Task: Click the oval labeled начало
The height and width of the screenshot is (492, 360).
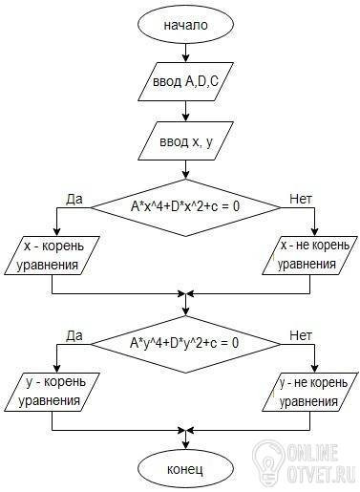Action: (185, 25)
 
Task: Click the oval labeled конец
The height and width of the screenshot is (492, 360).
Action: (185, 469)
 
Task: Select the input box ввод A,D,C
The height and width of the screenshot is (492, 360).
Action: (185, 82)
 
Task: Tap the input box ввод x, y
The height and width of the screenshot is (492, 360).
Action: (185, 140)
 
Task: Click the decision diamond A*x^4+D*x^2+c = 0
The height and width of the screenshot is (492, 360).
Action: (185, 207)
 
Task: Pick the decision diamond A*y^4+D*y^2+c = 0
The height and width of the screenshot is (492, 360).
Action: (185, 344)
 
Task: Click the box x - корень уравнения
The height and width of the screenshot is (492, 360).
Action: (52, 255)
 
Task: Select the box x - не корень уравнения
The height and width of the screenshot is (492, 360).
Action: (309, 255)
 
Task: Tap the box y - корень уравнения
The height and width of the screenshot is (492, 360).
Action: (52, 392)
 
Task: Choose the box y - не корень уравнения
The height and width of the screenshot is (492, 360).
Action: (309, 392)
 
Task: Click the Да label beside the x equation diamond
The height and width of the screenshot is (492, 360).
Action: (74, 199)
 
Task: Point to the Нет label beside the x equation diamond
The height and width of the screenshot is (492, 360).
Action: (301, 199)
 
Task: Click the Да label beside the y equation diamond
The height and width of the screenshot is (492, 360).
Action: (74, 335)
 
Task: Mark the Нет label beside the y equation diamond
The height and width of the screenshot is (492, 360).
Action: (301, 335)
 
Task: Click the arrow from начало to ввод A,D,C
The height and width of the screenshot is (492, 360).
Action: (185, 52)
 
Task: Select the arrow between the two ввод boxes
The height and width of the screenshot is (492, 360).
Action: (185, 111)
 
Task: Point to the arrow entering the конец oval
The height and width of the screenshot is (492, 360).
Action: (185, 441)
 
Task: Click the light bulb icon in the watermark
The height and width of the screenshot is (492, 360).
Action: (267, 460)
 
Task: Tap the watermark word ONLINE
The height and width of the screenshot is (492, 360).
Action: (312, 452)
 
